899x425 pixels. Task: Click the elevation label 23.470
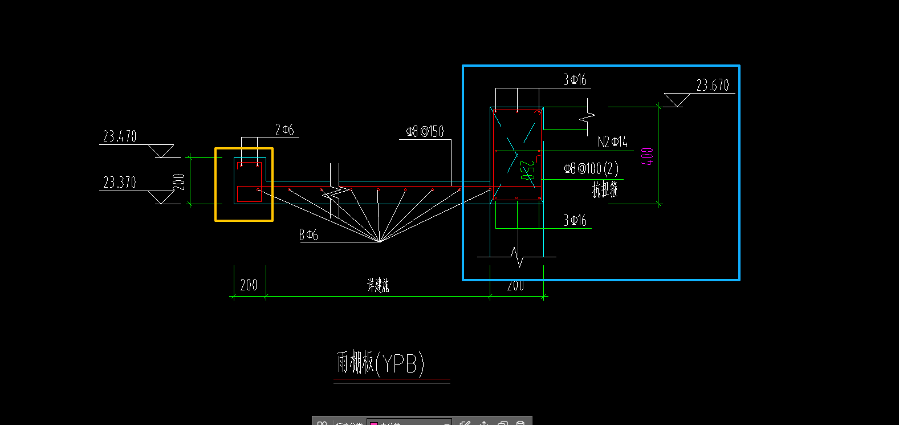tap(120, 136)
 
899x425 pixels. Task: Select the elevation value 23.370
tap(120, 183)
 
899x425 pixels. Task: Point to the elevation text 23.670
tap(713, 86)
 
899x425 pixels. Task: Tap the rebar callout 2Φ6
tap(284, 130)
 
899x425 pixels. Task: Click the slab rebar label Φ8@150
tap(425, 132)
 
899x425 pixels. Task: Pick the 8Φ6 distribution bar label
tap(308, 234)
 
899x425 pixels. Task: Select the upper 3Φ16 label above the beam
tap(575, 80)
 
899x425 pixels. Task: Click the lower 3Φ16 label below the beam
tap(575, 220)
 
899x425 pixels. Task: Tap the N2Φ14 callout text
tap(612, 142)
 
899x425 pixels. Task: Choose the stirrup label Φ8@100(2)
tap(591, 169)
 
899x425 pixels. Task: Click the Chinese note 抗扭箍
tap(604, 189)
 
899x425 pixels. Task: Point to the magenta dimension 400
tap(647, 156)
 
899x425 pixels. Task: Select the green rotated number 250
tap(527, 171)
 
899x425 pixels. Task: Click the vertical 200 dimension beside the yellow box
tap(179, 182)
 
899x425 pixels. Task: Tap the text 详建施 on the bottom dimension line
tap(378, 285)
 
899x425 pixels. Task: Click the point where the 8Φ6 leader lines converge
tap(379, 241)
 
